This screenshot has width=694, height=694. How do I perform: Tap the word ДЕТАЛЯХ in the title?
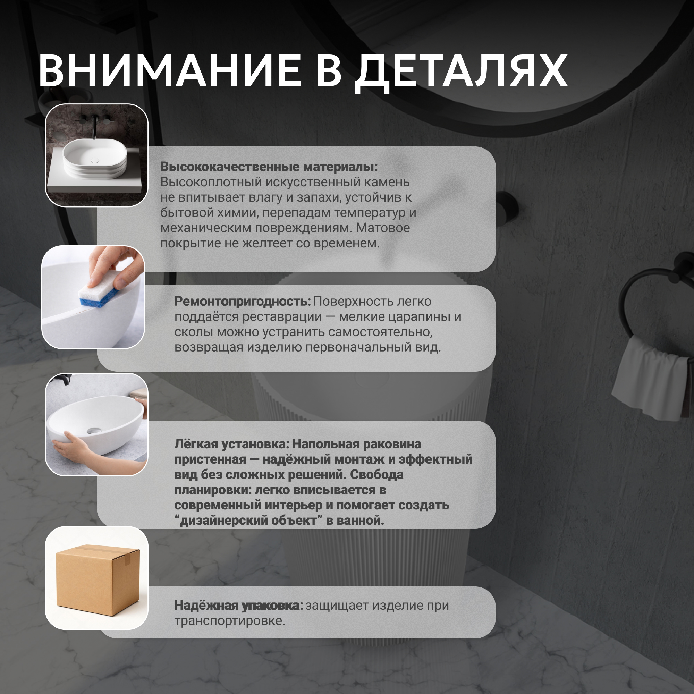click(x=461, y=73)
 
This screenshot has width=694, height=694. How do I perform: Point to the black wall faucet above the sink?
click(x=94, y=126)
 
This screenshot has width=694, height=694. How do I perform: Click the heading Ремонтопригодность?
click(x=243, y=302)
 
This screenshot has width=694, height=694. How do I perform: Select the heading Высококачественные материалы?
click(x=269, y=167)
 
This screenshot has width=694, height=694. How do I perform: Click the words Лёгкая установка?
click(x=232, y=445)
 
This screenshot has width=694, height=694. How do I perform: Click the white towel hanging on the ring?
click(x=650, y=379)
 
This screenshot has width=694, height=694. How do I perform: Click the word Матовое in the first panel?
click(x=383, y=228)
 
